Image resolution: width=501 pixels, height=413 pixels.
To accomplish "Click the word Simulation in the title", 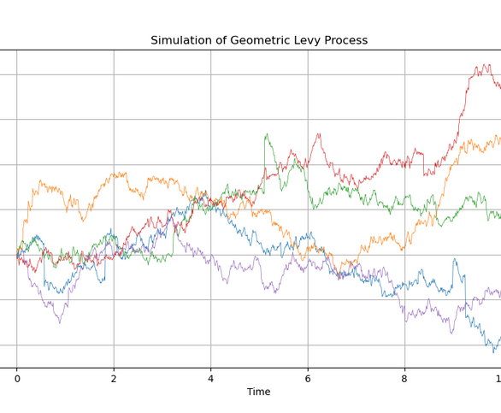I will pyautogui.click(x=181, y=41).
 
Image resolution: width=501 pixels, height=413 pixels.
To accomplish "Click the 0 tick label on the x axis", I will pyautogui.click(x=16, y=377).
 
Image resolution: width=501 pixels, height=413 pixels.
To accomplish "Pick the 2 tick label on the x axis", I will pyautogui.click(x=114, y=377).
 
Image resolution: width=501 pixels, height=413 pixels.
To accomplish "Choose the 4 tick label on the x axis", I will pyautogui.click(x=211, y=377).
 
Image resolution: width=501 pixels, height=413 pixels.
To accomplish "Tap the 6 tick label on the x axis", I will pyautogui.click(x=308, y=377).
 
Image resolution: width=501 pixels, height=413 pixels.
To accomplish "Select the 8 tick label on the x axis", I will pyautogui.click(x=405, y=377).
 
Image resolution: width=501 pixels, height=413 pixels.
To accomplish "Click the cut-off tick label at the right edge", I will pyautogui.click(x=498, y=377).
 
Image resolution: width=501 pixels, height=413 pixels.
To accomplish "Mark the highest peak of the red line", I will pyautogui.click(x=486, y=64).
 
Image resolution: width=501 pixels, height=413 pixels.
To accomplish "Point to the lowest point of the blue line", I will pyautogui.click(x=493, y=352).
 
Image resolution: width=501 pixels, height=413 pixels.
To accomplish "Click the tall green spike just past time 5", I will pyautogui.click(x=267, y=134).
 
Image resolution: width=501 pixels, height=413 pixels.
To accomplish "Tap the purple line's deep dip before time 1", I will pyautogui.click(x=59, y=323).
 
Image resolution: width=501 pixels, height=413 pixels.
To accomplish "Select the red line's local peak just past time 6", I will pyautogui.click(x=318, y=133).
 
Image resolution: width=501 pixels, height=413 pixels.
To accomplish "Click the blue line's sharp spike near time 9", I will pyautogui.click(x=455, y=258).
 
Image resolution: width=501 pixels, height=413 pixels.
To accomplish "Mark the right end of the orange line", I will pyautogui.click(x=499, y=139).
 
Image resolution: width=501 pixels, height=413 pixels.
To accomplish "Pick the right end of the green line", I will pyautogui.click(x=499, y=215).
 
